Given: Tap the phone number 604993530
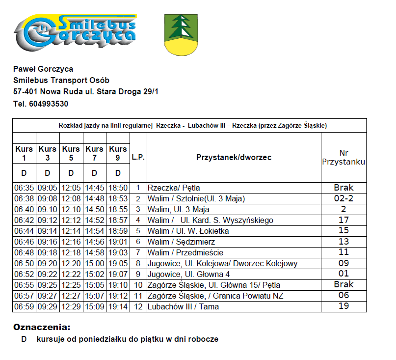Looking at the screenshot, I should pyautogui.click(x=48, y=104).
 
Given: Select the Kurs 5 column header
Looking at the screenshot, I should pyautogui.click(x=71, y=153).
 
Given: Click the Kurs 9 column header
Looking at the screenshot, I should pyautogui.click(x=118, y=153).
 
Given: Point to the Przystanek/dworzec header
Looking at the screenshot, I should pyautogui.click(x=234, y=158).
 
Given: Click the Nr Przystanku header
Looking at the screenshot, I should pyautogui.click(x=343, y=157).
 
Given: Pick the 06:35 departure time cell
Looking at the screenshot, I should pyautogui.click(x=24, y=188).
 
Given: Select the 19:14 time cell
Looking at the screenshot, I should pyautogui.click(x=118, y=306).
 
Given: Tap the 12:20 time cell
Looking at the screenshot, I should pyautogui.click(x=71, y=263).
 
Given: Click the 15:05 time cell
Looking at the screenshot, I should pyautogui.click(x=94, y=285).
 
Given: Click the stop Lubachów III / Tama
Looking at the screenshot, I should pyautogui.click(x=183, y=306).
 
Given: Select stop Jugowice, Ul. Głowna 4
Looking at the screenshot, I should pyautogui.click(x=189, y=274).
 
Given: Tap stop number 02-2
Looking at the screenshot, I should pyautogui.click(x=343, y=198).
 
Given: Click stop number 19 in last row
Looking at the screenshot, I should pyautogui.click(x=343, y=306).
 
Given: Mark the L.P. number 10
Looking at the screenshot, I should pyautogui.click(x=138, y=285).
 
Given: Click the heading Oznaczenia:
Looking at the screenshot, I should pyautogui.click(x=42, y=327).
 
